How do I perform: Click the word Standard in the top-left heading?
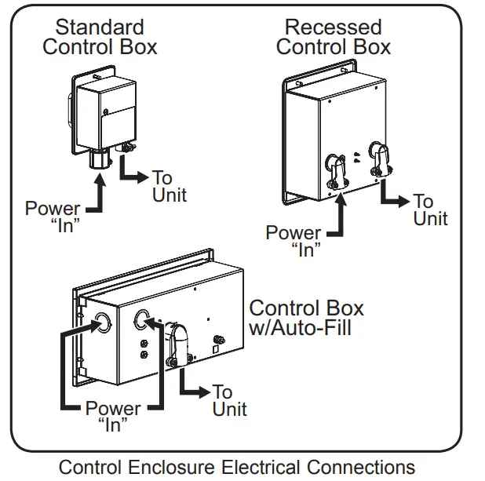point(100,27)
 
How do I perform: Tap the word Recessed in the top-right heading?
point(333,27)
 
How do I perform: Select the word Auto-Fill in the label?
point(312,328)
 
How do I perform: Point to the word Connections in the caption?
point(361,467)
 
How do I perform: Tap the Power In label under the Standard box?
point(53,217)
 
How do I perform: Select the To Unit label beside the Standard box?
point(170,186)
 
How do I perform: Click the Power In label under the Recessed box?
point(294,241)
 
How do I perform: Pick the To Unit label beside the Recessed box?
point(430,210)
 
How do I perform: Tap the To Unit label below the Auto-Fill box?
point(229,400)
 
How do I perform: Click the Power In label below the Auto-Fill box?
point(113,417)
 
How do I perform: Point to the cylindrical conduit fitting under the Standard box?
point(100,159)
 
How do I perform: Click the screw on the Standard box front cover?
point(105,111)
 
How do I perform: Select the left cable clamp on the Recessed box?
point(336,171)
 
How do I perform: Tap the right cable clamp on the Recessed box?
point(380,159)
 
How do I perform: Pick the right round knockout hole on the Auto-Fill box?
point(141,318)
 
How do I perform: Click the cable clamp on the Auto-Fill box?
point(177,344)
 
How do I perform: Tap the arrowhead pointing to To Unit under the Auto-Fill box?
point(205,392)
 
